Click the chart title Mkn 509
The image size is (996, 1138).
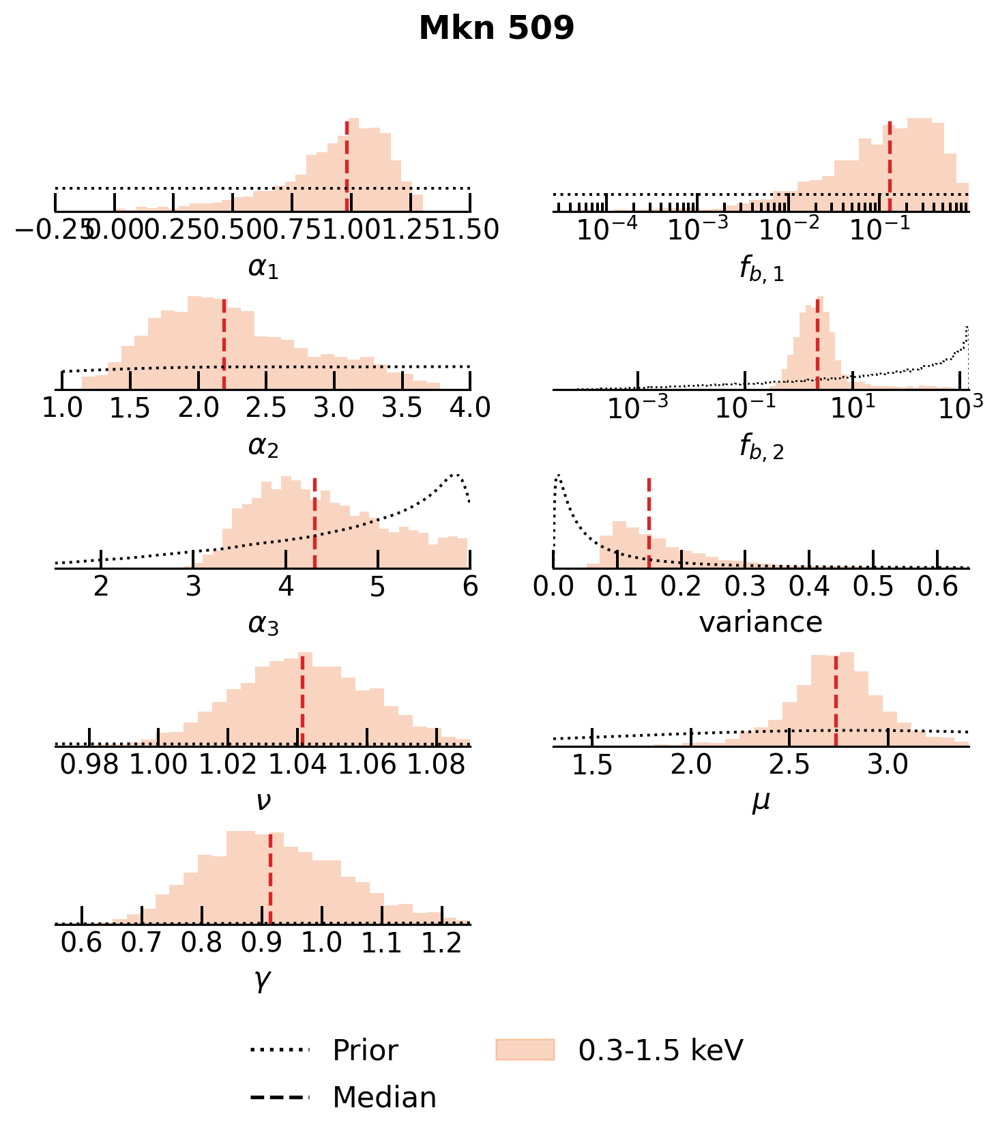coord(497,29)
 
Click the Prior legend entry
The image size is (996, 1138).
coord(364,1050)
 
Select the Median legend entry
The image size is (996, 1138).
coord(384,1098)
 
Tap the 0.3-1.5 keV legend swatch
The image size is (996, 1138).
coord(525,1050)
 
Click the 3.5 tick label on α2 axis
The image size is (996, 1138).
coord(402,408)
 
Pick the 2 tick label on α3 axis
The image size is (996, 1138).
coord(102,586)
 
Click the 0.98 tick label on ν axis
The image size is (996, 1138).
coord(89,764)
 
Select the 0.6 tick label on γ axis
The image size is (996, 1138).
coord(81,942)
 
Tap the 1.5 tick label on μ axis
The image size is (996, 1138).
coord(592,765)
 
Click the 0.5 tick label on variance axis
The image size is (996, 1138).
coord(874,586)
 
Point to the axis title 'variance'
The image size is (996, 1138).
coord(761,622)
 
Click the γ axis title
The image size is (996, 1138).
coord(263,980)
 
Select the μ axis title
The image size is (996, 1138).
coord(761,801)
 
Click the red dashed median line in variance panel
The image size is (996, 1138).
coord(649,523)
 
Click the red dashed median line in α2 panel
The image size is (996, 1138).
coord(224,345)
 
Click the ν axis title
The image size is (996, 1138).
coord(263,801)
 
